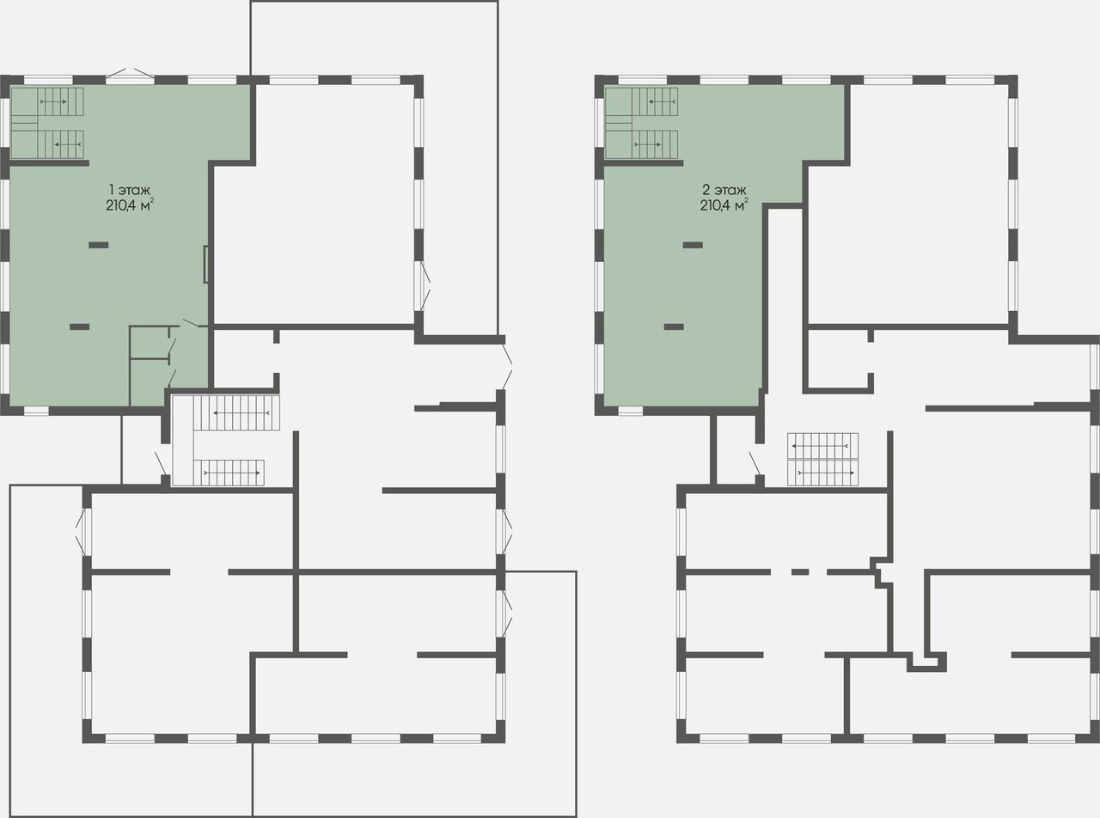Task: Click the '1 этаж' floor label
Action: point(130,190)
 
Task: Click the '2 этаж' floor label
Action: point(724,190)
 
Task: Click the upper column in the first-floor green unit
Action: point(99,245)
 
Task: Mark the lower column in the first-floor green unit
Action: point(79,327)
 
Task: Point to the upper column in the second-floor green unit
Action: point(693,245)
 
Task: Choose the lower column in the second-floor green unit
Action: point(674,327)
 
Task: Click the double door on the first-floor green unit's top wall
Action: point(130,75)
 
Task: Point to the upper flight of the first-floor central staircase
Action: point(236,412)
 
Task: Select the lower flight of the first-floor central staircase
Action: point(229,473)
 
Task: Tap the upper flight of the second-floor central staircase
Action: point(822,446)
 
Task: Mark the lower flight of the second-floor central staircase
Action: point(822,473)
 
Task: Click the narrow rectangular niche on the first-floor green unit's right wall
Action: point(205,265)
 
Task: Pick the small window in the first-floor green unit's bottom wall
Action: point(36,411)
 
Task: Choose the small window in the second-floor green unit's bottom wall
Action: point(630,411)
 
